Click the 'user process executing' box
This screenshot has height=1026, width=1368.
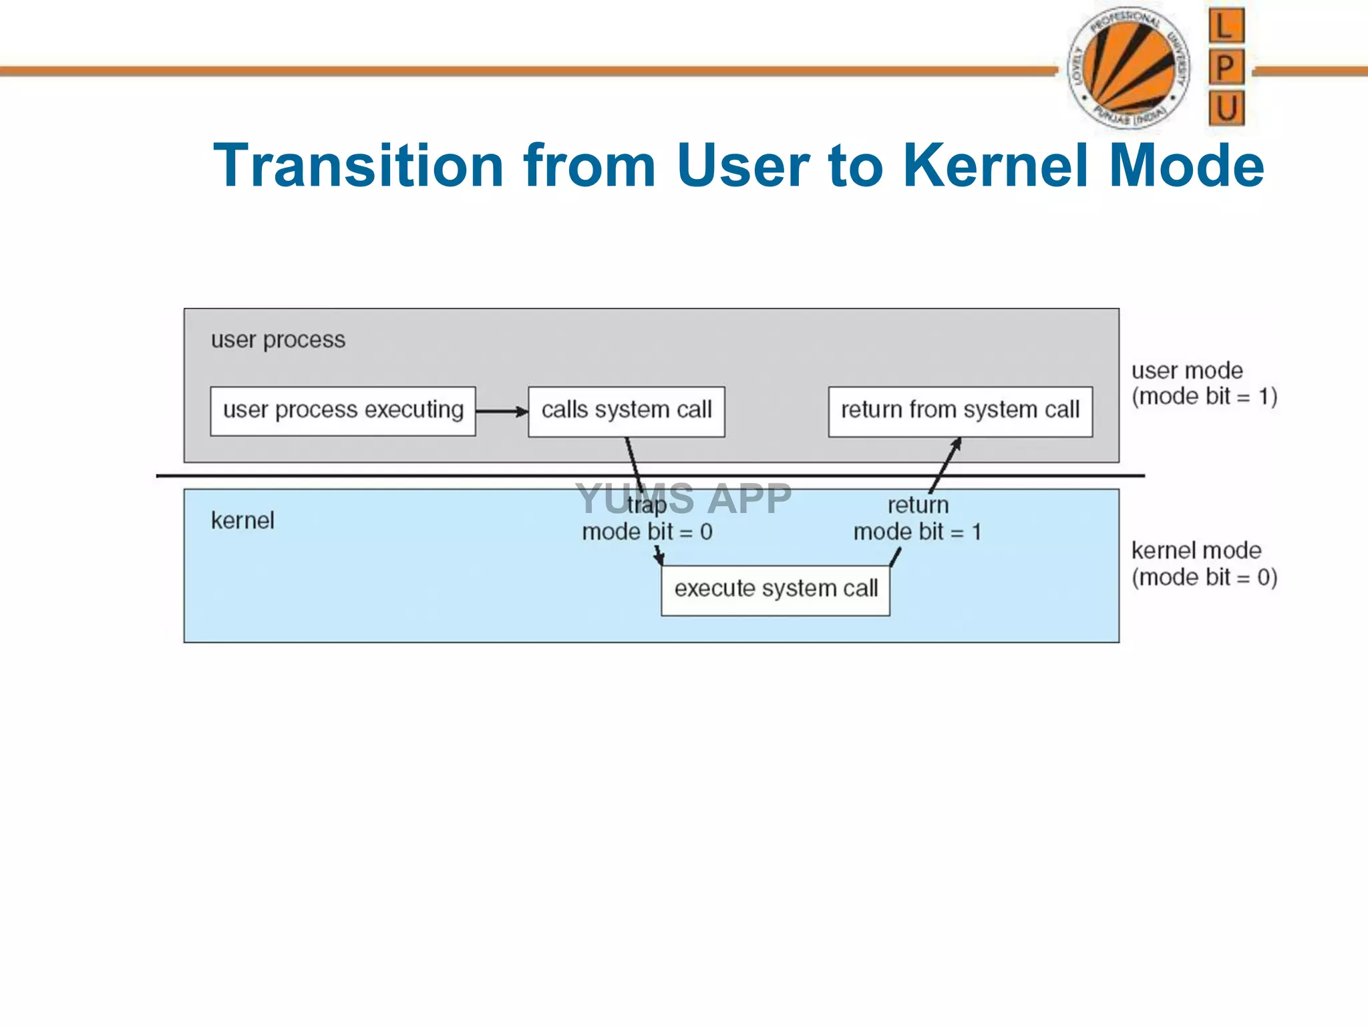click(x=343, y=411)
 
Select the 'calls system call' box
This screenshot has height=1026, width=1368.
click(x=626, y=411)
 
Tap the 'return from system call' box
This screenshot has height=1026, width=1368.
click(x=960, y=411)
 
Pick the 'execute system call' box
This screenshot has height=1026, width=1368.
click(x=775, y=590)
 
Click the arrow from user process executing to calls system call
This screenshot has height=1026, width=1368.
click(x=501, y=411)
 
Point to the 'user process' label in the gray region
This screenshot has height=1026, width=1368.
click(x=278, y=340)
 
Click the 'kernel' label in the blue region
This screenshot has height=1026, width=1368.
click(x=242, y=520)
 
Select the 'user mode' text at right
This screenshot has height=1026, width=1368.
click(x=1187, y=371)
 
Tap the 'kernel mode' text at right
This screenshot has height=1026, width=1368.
click(x=1196, y=551)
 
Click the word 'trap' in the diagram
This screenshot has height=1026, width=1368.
click(x=647, y=506)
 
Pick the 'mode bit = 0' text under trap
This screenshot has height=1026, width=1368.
click(x=647, y=532)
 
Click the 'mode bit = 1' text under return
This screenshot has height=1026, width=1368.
click(x=917, y=532)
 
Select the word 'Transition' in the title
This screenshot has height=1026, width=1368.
click(x=358, y=166)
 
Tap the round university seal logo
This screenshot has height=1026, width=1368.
click(x=1128, y=67)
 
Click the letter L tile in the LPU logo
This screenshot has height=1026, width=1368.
click(x=1226, y=26)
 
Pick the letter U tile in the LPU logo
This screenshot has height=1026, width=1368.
click(x=1226, y=108)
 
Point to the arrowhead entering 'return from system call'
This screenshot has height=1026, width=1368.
click(x=957, y=444)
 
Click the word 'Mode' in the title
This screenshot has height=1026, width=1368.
click(x=1186, y=166)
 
